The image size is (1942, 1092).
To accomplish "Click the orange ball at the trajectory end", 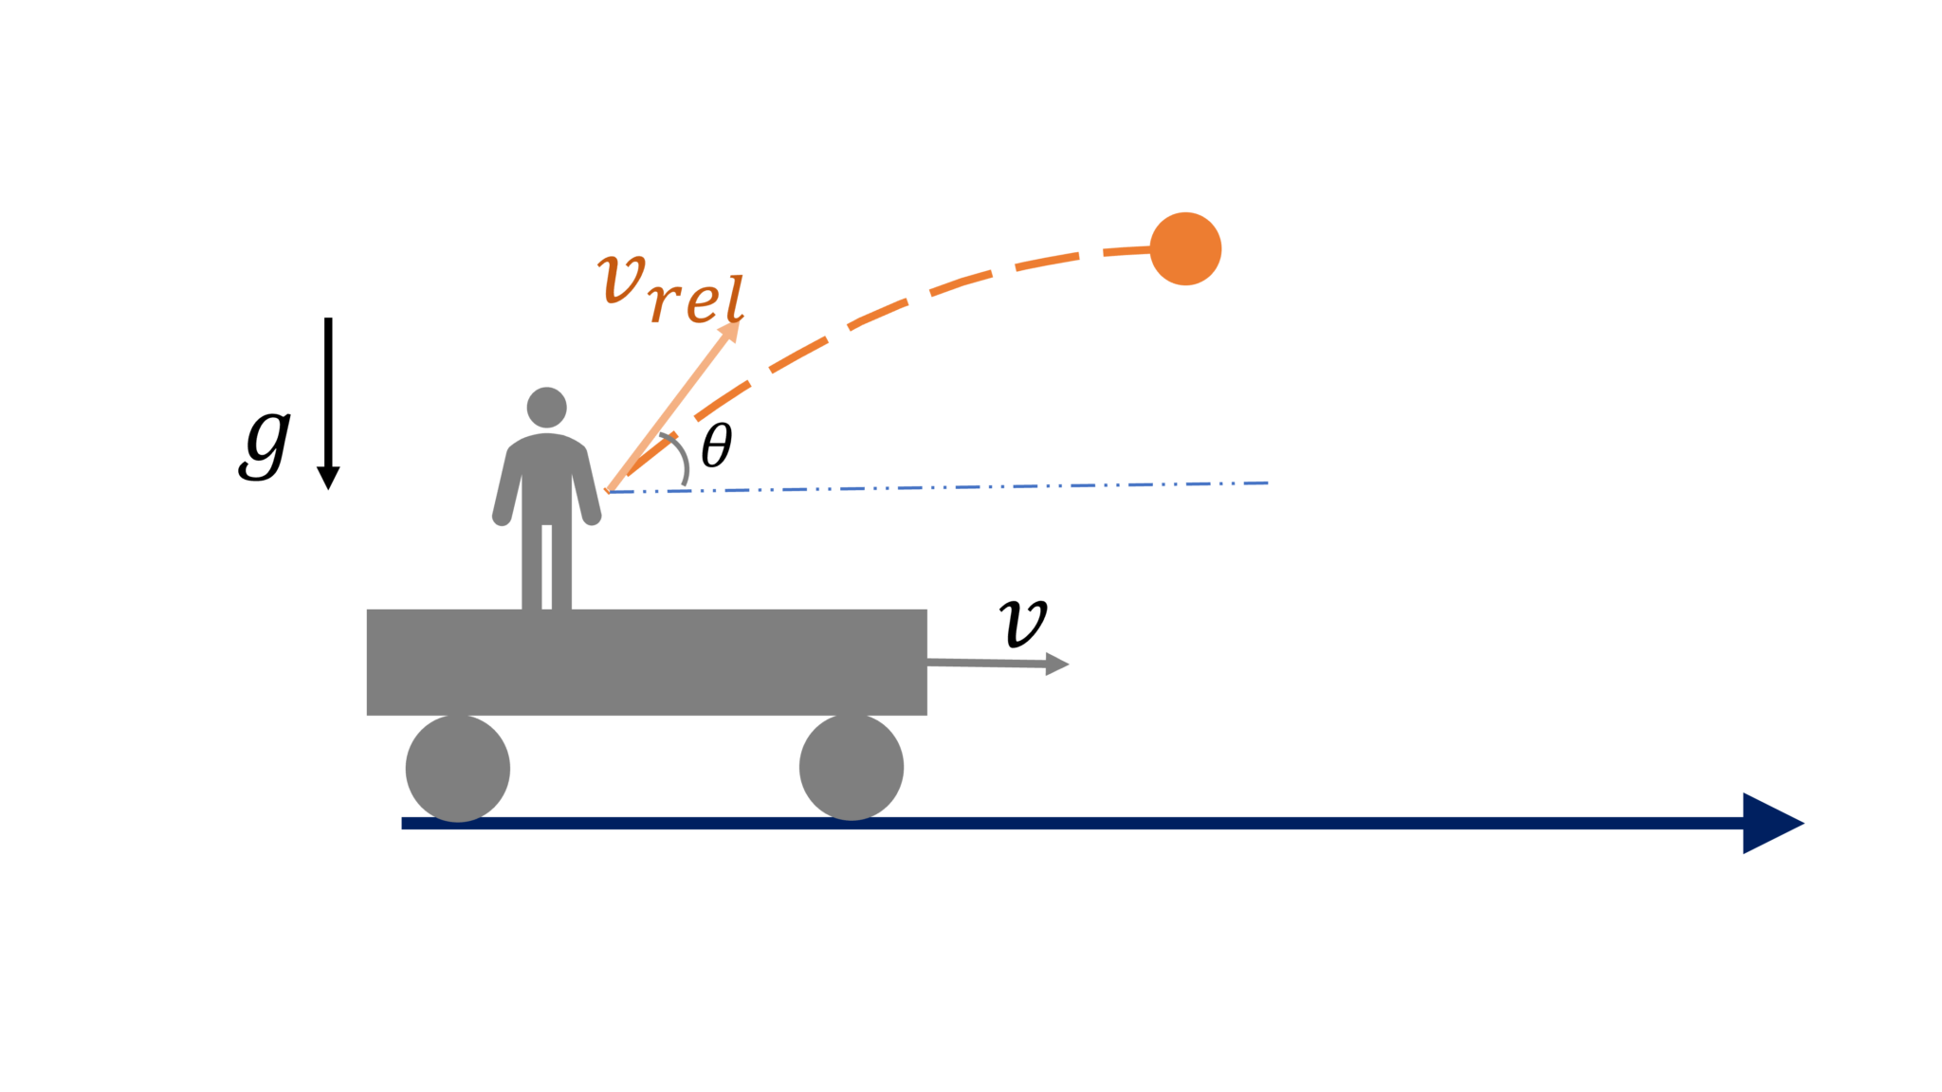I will point(1185,248).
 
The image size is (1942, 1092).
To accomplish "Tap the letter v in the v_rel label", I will point(621,279).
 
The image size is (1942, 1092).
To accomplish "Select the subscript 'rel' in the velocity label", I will point(697,300).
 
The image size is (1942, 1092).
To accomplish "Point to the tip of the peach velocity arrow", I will point(738,323).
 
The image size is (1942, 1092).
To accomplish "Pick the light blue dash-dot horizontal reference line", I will point(948,487).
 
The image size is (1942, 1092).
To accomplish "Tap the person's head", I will point(546,407).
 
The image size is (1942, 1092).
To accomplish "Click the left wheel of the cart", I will point(458,767).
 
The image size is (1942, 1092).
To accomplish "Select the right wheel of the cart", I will point(852,767).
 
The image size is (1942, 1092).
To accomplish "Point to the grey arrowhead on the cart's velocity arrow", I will point(1056,664).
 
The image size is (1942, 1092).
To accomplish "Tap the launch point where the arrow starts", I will point(608,491).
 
